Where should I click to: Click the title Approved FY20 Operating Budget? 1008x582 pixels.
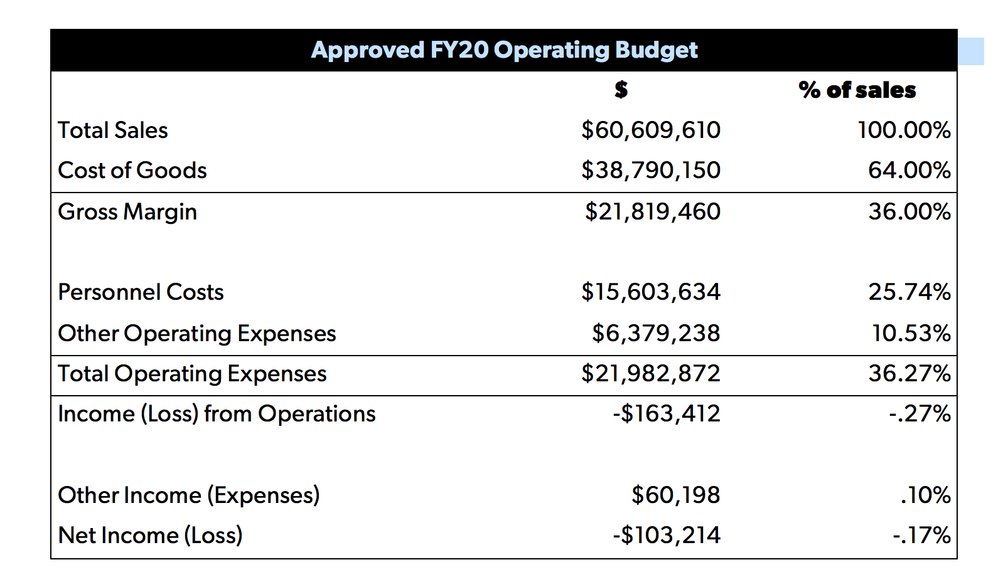click(504, 50)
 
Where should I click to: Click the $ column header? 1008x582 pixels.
click(621, 90)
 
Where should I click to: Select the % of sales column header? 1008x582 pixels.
click(857, 90)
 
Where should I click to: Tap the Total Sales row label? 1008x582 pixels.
click(113, 130)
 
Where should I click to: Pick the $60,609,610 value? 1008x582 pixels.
click(651, 130)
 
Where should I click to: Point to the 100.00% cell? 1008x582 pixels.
click(904, 130)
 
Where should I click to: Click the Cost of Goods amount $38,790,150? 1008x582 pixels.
click(651, 171)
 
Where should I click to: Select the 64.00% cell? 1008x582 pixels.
click(909, 171)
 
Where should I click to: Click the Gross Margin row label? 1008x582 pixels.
click(127, 212)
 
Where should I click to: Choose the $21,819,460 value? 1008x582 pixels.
click(653, 212)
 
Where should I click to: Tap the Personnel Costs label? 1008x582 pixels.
click(141, 292)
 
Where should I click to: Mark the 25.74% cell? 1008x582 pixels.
click(909, 292)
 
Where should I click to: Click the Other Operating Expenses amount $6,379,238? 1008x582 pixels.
click(656, 334)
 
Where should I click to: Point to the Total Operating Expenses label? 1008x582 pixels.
click(192, 374)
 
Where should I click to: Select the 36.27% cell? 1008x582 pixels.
click(909, 374)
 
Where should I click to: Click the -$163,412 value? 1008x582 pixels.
click(667, 414)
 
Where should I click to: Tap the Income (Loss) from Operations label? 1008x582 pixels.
click(217, 414)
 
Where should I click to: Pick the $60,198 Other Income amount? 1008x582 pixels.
click(676, 495)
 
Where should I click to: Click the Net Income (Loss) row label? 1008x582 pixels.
click(150, 536)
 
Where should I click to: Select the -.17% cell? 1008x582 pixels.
click(921, 536)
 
